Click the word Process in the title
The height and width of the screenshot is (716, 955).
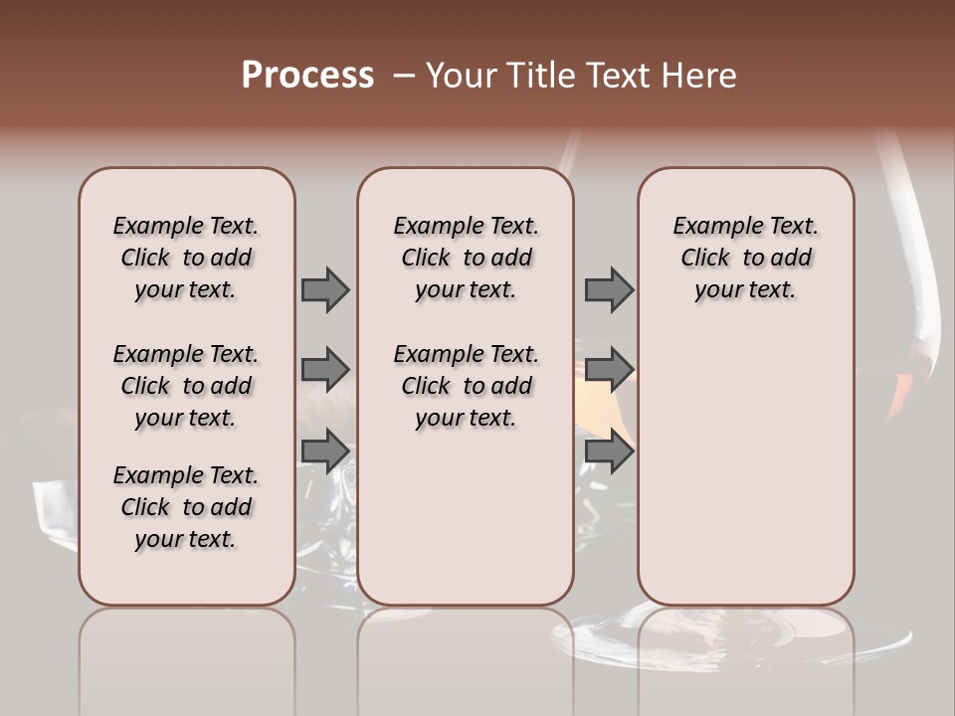307,76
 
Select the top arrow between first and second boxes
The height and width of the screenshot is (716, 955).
325,289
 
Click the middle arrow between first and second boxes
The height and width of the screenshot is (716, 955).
325,370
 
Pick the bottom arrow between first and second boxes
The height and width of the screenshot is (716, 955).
325,451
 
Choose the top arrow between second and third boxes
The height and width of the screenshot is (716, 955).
609,289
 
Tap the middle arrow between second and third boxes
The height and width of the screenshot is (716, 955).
609,370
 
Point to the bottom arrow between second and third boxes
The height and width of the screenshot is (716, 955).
609,451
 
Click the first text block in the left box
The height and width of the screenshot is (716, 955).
186,258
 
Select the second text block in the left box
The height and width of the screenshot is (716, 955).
186,386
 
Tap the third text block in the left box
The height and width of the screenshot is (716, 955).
186,507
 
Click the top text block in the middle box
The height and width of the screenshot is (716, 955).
466,258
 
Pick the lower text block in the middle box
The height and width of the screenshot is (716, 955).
466,386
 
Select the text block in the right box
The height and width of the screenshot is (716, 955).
745,258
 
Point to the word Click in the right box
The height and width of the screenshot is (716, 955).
705,259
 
